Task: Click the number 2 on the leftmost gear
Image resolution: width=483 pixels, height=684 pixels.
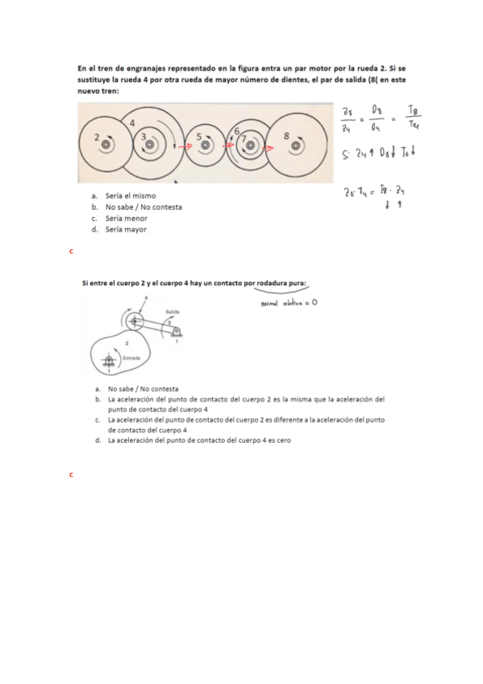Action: click(x=97, y=138)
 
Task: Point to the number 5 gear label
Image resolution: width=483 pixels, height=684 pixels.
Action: click(x=198, y=138)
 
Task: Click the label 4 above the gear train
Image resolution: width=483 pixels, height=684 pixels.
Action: click(x=132, y=122)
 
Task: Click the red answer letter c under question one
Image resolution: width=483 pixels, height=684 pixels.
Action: click(x=72, y=252)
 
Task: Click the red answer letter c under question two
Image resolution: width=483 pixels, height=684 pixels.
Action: click(x=72, y=474)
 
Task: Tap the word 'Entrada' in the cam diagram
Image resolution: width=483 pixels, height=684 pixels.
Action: click(x=131, y=357)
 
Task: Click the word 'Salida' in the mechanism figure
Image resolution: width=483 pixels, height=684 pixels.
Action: click(x=172, y=311)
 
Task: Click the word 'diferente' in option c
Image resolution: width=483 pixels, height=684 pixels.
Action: click(x=294, y=419)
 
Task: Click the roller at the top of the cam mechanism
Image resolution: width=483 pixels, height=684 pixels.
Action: click(x=135, y=321)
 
